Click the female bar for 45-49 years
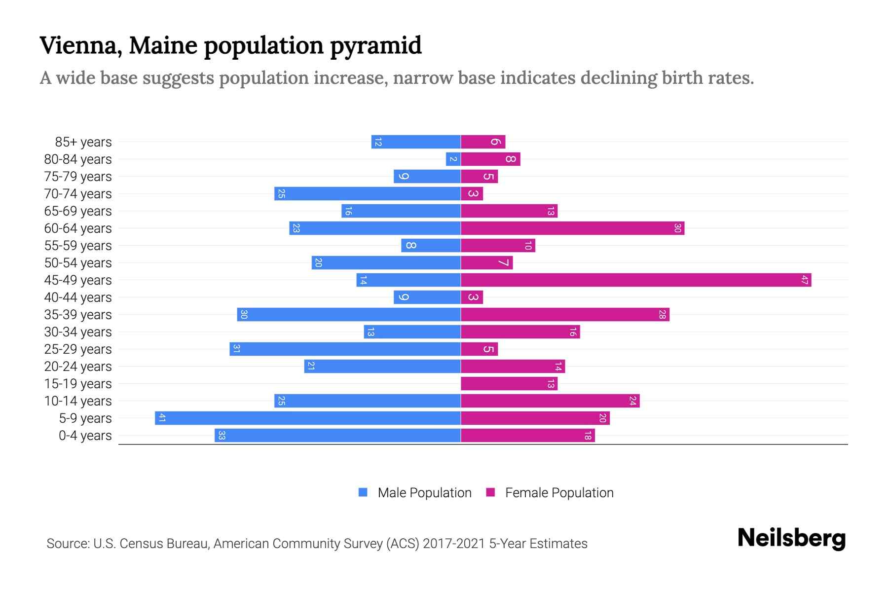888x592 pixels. click(635, 280)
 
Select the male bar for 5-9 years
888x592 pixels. click(307, 418)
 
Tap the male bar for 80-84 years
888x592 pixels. click(453, 159)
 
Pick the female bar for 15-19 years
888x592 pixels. click(509, 384)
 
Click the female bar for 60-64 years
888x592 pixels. click(572, 228)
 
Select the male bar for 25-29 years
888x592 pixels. click(345, 349)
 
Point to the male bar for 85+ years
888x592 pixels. click(415, 142)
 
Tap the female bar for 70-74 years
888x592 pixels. click(472, 194)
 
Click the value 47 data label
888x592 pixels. click(804, 280)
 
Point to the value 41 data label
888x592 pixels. click(162, 418)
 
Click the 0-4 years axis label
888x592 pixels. click(85, 436)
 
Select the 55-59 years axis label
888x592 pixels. click(78, 246)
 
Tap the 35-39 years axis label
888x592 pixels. click(78, 315)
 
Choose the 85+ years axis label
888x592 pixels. click(83, 142)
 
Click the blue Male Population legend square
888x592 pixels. click(363, 492)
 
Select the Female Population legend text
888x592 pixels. click(559, 493)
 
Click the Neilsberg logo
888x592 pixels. click(791, 538)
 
